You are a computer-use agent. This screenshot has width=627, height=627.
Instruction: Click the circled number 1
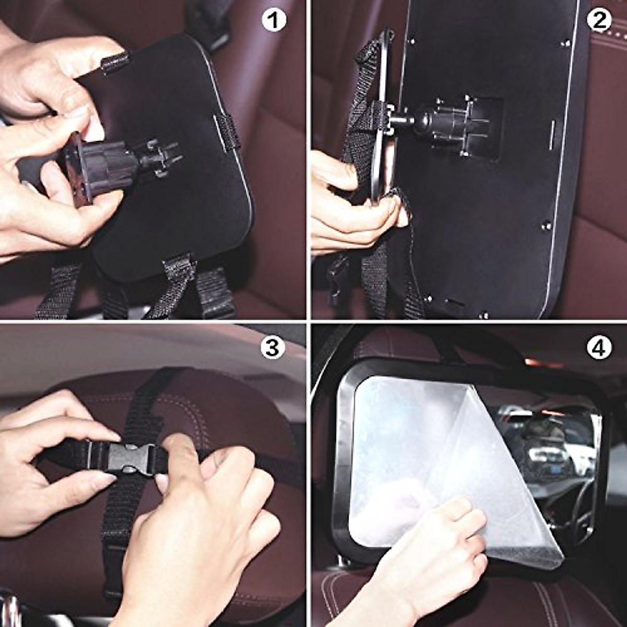pos(273,21)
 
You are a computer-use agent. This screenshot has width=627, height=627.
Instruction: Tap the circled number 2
pos(598,21)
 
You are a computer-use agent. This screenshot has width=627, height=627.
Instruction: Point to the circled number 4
pos(598,348)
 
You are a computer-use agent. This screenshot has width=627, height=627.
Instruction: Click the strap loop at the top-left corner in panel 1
pos(114,63)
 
